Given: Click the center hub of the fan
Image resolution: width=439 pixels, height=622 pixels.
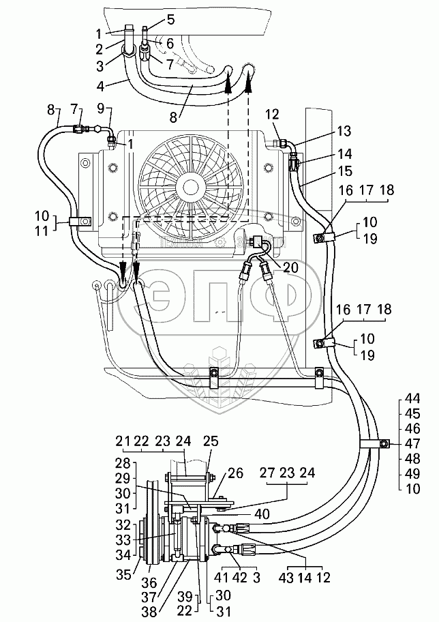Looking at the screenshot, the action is tap(190, 186).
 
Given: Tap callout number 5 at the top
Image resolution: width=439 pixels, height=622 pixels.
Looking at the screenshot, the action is tap(170, 19).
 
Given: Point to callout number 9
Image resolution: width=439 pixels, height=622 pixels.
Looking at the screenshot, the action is tap(100, 109).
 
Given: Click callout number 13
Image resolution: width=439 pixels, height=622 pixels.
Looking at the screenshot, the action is tap(344, 131).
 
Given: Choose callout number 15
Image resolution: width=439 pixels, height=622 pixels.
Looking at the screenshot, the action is tap(346, 171).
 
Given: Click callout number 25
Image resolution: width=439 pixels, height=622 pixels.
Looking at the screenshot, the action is tap(211, 441).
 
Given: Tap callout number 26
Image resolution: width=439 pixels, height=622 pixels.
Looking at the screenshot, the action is tap(236, 473).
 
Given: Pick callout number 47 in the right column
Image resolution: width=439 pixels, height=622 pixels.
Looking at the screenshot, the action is tap(413, 443).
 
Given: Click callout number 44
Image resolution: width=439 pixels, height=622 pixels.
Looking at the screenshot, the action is tap(413, 398).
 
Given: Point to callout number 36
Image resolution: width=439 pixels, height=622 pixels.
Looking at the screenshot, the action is tap(149, 582).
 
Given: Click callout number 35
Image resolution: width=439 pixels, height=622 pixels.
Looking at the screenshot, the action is tap(124, 574).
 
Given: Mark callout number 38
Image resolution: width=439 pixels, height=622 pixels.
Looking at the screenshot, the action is tap(149, 611).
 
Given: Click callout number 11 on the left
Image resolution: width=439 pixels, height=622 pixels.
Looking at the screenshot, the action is tap(42, 231).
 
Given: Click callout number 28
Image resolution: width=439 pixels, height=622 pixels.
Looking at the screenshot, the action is tap(123, 463).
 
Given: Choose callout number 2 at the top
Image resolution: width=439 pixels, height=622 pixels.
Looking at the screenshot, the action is tap(99, 49).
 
